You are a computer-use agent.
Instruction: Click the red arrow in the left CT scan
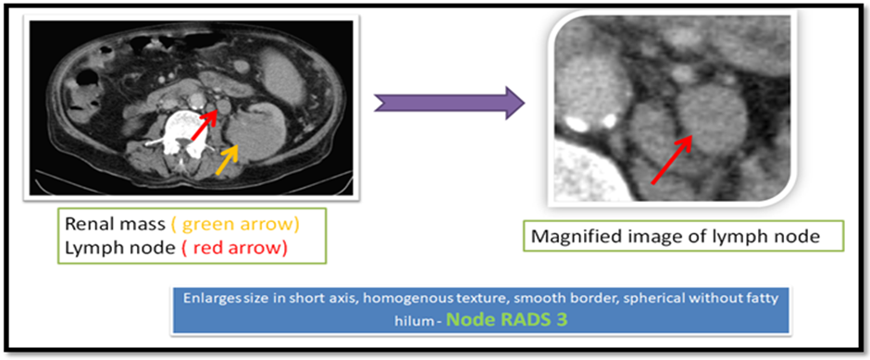tap(205, 124)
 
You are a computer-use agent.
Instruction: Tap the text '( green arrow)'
tap(235, 225)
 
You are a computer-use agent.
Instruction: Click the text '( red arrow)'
tap(235, 249)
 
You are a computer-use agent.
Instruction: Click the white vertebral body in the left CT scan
tap(188, 125)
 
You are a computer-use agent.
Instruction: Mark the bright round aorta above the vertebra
tap(196, 100)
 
